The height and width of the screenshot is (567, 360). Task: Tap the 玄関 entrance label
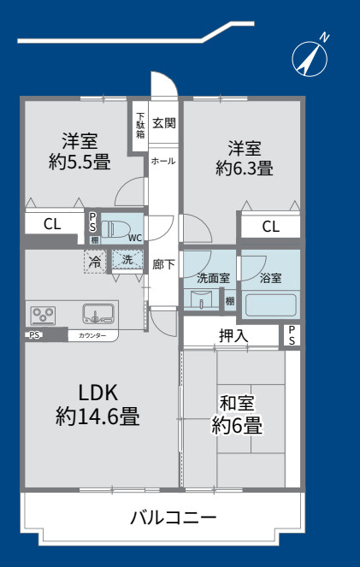tap(164, 123)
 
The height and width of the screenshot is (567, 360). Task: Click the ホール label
tap(163, 161)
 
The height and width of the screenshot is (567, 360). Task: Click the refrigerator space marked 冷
tap(97, 261)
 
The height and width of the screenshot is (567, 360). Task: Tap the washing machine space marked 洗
tap(127, 259)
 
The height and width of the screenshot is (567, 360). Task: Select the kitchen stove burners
tap(43, 314)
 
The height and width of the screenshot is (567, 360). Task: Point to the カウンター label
tap(92, 335)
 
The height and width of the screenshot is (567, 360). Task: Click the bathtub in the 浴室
tap(270, 304)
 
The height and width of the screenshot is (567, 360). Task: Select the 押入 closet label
tap(233, 335)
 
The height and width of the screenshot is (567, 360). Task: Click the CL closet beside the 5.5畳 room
tap(52, 224)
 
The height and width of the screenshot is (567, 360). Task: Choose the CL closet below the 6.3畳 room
tap(270, 227)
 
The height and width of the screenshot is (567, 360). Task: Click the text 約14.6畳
tap(97, 417)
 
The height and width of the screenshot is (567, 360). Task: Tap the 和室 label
tap(237, 403)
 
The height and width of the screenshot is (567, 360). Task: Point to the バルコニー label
tap(174, 517)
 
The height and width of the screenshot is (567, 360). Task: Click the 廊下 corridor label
tap(163, 264)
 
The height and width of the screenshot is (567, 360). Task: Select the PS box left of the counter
tap(35, 335)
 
